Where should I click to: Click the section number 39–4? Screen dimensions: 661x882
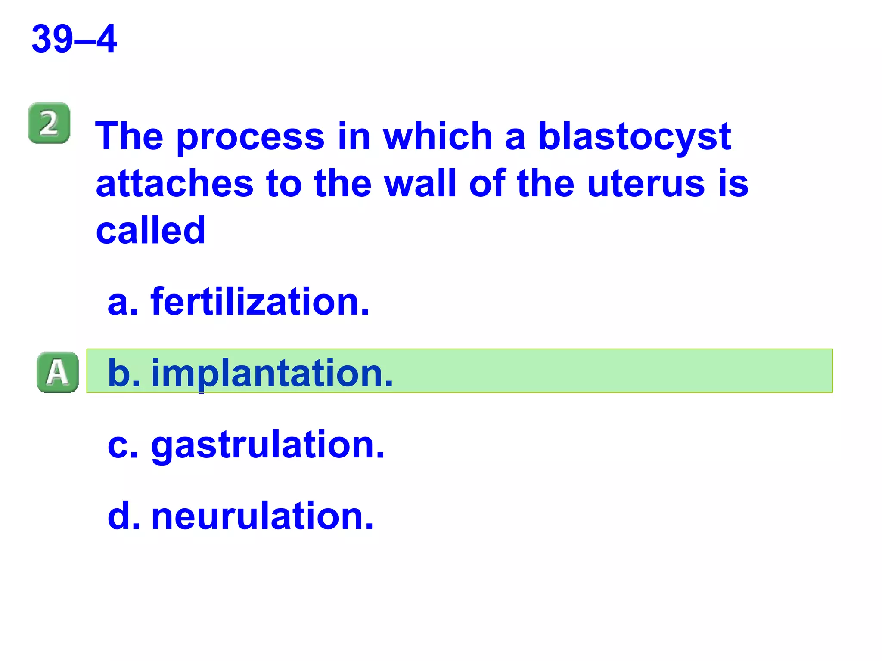click(74, 39)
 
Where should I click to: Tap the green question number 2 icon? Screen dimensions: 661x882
click(49, 123)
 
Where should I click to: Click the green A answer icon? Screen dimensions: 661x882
click(58, 372)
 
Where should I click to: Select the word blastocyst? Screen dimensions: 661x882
click(634, 137)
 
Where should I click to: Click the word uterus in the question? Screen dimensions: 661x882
click(646, 184)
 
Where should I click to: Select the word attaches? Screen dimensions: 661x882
click(174, 184)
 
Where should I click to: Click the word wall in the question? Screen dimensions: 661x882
click(420, 184)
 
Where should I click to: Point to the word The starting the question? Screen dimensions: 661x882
click(129, 137)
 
